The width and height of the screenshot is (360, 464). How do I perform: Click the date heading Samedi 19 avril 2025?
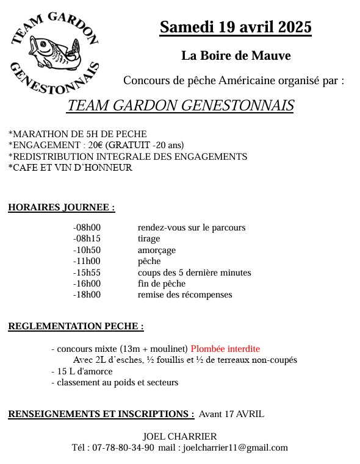point(236,27)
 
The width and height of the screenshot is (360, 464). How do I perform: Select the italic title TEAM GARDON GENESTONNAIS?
point(180,105)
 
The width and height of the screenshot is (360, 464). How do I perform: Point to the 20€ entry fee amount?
point(95,145)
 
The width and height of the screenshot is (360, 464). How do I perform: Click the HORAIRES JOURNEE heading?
point(61,207)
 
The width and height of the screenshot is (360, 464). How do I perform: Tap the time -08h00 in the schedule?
point(87,227)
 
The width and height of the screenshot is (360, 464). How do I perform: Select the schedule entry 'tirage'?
point(149,239)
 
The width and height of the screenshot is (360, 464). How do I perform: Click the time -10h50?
point(87,250)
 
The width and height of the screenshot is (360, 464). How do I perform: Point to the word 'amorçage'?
point(157,250)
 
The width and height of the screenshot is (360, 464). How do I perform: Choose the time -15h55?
point(87,273)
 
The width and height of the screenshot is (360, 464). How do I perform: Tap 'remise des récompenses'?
point(185,294)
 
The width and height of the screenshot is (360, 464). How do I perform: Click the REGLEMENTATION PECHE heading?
point(76,326)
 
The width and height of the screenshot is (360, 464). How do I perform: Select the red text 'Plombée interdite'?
point(225,349)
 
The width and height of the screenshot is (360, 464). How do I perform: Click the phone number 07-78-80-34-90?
point(123,448)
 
